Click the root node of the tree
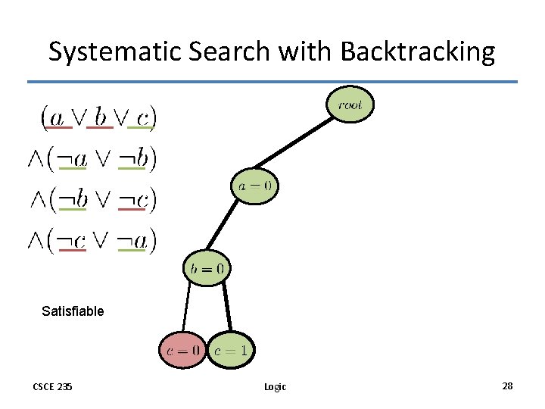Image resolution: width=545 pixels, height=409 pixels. pyautogui.click(x=350, y=105)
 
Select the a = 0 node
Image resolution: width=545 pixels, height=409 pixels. pyautogui.click(x=254, y=186)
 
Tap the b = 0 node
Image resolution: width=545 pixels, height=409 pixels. pyautogui.click(x=207, y=267)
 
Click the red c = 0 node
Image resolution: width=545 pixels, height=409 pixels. pyautogui.click(x=182, y=350)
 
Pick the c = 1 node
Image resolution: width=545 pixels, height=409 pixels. pyautogui.click(x=230, y=350)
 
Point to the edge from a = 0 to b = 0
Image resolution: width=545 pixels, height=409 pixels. pyautogui.click(x=230, y=226)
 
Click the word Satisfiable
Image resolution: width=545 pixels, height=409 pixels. pyautogui.click(x=73, y=311)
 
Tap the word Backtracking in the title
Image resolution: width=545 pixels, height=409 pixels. pyautogui.click(x=418, y=52)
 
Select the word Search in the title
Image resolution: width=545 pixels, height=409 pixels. pyautogui.click(x=221, y=52)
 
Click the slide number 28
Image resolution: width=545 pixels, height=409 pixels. pyautogui.click(x=507, y=386)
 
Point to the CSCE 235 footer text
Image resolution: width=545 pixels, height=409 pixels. pyautogui.click(x=52, y=386)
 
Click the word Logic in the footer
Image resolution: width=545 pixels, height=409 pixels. pyautogui.click(x=275, y=386)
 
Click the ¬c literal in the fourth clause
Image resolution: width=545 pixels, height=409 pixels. pyautogui.click(x=72, y=241)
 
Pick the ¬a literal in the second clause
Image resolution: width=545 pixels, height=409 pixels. pyautogui.click(x=73, y=159)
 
